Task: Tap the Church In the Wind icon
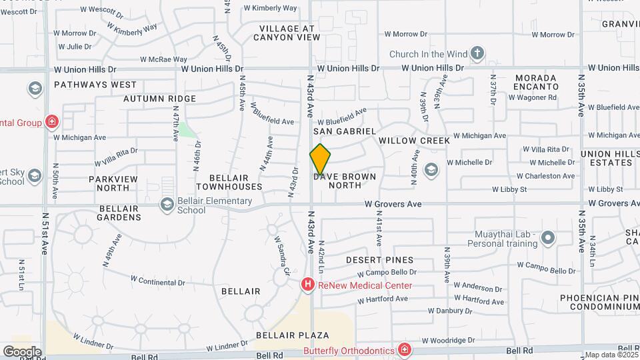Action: (477, 53)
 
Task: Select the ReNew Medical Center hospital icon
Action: (308, 285)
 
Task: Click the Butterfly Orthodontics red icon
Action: (404, 349)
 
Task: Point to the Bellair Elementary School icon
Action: (167, 205)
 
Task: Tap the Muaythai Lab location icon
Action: (548, 237)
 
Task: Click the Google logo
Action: (22, 351)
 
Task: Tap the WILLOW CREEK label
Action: (414, 141)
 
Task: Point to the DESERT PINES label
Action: (380, 259)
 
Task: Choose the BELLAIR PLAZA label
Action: (293, 334)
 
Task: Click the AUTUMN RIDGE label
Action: (159, 99)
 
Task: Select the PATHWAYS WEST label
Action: (95, 85)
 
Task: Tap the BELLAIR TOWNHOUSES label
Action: (229, 183)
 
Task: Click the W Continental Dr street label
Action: (157, 282)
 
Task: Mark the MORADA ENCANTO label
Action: (537, 82)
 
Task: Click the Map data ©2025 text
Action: (611, 355)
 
